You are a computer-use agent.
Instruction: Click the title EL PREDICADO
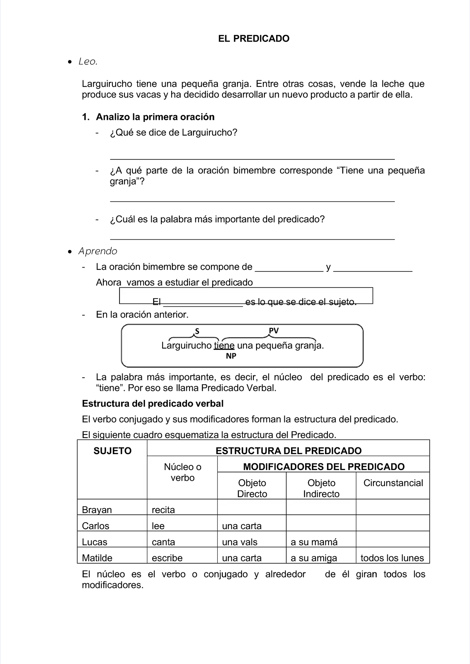click(253, 38)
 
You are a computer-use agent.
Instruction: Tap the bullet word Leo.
click(88, 62)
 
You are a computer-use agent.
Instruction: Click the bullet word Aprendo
click(98, 251)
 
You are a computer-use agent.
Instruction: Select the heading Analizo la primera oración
click(155, 117)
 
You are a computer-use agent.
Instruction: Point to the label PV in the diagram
click(273, 331)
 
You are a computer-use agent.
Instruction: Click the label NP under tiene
click(231, 356)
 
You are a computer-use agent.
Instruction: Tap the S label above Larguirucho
click(197, 331)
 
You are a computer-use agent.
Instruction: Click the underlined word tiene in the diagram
click(224, 346)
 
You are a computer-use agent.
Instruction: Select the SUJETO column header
click(112, 451)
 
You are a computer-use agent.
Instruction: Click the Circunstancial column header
click(393, 483)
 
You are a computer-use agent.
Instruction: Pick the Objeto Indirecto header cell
click(321, 488)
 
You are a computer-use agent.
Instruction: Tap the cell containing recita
click(163, 510)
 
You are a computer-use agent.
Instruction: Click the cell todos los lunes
click(392, 558)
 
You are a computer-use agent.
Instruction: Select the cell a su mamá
click(314, 542)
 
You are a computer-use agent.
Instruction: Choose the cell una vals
click(240, 542)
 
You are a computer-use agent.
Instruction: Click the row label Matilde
click(97, 558)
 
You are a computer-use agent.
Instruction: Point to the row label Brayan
click(97, 510)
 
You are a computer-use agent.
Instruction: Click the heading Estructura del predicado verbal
click(153, 403)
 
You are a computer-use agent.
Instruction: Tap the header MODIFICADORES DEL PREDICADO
click(324, 467)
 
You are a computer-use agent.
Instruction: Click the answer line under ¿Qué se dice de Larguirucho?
click(252, 159)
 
